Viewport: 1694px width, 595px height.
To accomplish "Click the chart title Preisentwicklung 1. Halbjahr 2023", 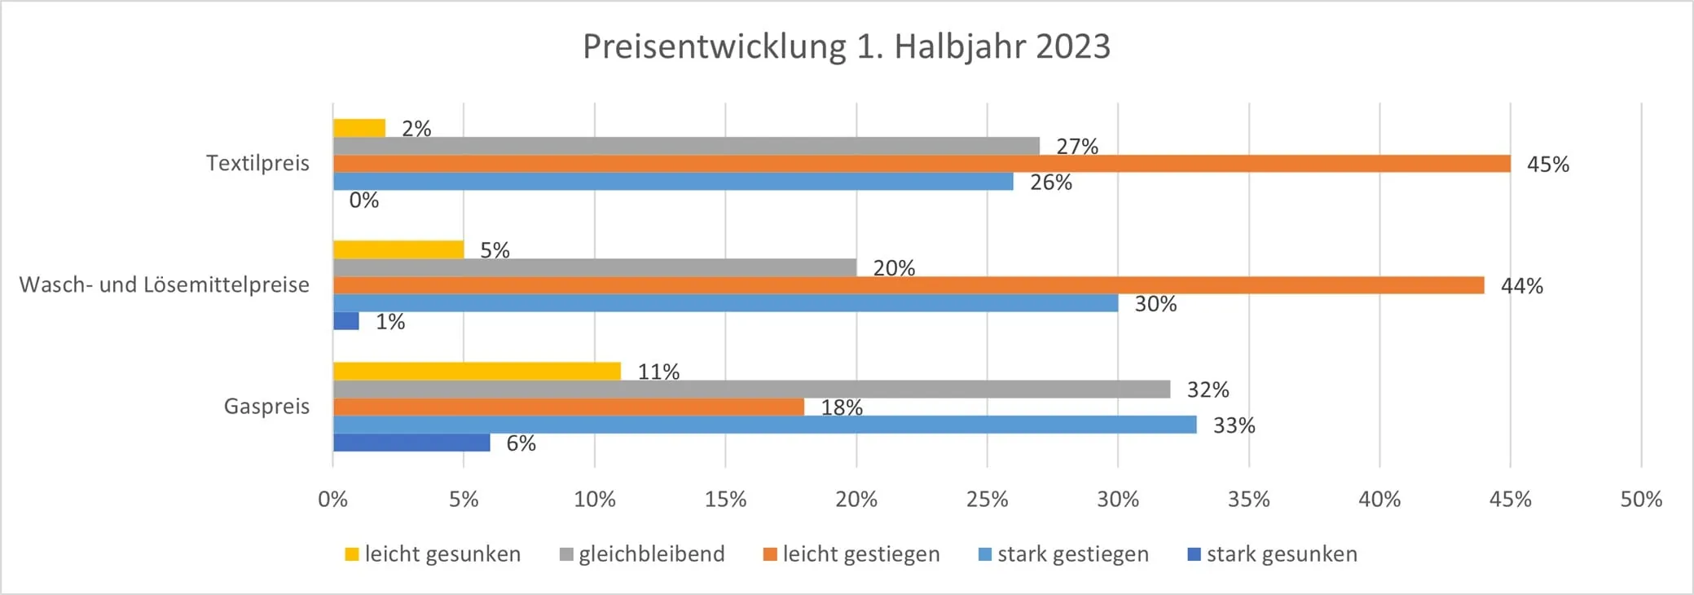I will tap(847, 46).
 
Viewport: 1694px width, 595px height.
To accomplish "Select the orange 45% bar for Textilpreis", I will tap(921, 164).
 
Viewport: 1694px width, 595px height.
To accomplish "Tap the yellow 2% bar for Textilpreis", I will tap(359, 128).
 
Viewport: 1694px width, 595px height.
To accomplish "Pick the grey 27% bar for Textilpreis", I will tap(686, 146).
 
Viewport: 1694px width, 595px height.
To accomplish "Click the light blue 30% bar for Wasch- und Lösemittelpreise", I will tap(725, 303).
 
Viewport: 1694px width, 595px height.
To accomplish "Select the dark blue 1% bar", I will tap(346, 321).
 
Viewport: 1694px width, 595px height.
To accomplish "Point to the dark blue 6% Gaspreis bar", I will tap(411, 443).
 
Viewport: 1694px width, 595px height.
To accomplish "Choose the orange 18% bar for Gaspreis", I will tap(568, 407).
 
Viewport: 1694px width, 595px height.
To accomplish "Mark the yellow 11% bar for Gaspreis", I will tap(477, 371).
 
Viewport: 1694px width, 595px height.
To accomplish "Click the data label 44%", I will tap(1521, 286).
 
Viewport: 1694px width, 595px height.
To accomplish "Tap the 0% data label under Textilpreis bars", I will tap(363, 201).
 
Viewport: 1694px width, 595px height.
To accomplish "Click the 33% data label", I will tap(1234, 425).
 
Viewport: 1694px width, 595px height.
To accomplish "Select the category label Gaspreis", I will tap(266, 407).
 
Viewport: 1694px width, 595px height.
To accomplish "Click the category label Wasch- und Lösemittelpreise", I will tap(165, 285).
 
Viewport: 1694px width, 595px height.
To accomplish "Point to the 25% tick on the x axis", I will tap(987, 500).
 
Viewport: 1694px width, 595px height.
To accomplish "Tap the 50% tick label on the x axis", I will tap(1640, 500).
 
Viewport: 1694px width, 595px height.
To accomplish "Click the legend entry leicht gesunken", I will tap(442, 554).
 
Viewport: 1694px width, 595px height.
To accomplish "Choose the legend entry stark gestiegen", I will tap(1072, 554).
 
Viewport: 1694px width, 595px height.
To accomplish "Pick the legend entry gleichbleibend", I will tap(651, 554).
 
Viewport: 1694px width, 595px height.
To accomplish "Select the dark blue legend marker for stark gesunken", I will tap(1195, 555).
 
